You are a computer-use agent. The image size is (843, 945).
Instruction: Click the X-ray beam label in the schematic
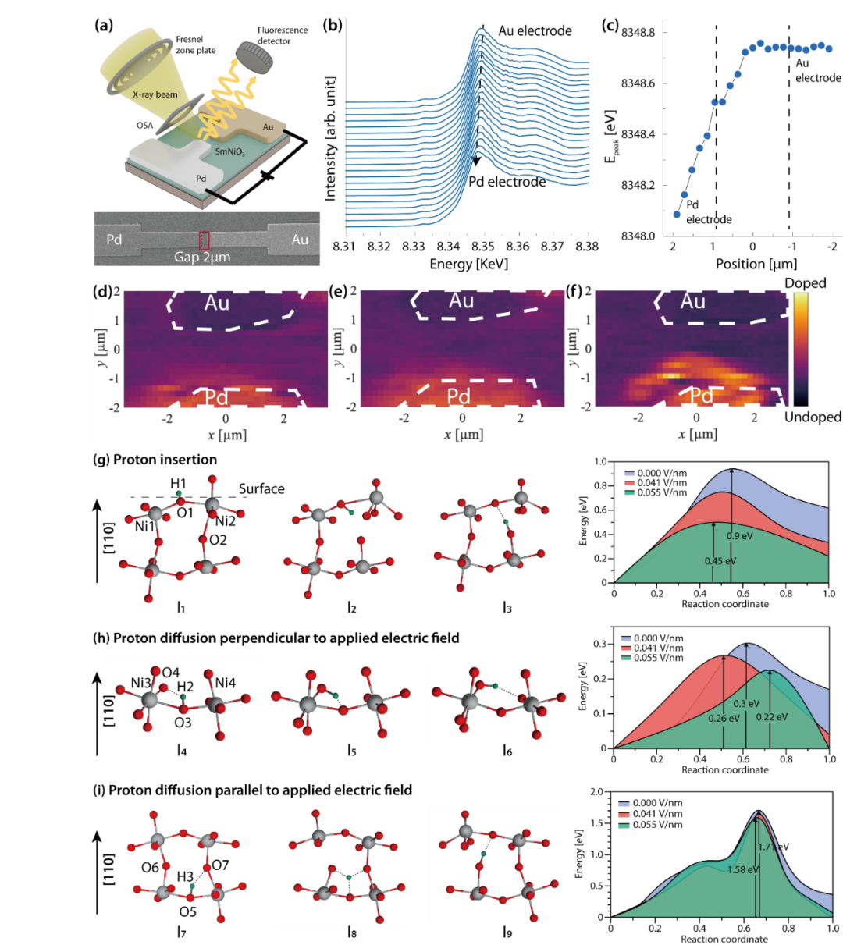[155, 94]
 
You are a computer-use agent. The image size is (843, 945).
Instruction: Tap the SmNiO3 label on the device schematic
[230, 151]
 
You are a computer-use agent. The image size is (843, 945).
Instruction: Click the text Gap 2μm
[202, 256]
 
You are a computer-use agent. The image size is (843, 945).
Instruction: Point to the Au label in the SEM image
[300, 240]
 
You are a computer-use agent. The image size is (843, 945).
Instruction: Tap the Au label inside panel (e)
[461, 300]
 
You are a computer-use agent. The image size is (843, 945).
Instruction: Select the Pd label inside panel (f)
[701, 396]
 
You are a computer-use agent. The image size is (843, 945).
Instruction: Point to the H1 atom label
[178, 485]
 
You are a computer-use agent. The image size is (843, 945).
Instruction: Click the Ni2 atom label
[226, 520]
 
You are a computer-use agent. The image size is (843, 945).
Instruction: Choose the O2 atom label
[218, 540]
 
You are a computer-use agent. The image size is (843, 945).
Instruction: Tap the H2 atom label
[185, 687]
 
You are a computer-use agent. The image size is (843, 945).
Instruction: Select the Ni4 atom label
[225, 683]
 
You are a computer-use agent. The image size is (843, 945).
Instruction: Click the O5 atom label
[188, 911]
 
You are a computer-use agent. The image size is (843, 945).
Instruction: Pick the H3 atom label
[184, 876]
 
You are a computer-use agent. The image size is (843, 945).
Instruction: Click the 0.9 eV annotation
[739, 536]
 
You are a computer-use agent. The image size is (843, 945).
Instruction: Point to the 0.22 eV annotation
[771, 716]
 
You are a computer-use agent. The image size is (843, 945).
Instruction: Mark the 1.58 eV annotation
[742, 869]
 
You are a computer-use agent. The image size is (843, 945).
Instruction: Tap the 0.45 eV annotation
[719, 561]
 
